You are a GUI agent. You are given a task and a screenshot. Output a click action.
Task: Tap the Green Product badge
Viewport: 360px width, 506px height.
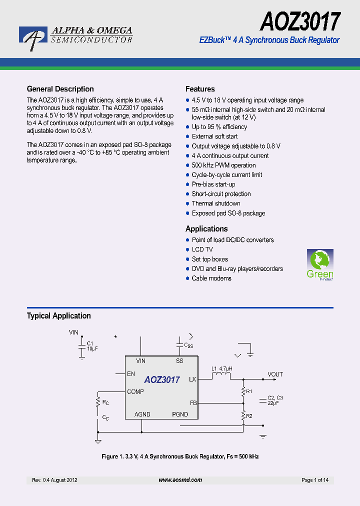click(x=319, y=264)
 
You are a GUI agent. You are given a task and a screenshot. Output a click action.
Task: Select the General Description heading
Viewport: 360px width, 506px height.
click(x=60, y=89)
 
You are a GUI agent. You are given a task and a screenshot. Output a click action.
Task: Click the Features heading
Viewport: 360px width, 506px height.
click(x=200, y=89)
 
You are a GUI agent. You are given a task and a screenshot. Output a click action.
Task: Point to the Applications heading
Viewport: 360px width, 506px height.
click(x=206, y=228)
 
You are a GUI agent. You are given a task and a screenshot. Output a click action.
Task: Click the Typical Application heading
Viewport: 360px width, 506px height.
click(x=58, y=315)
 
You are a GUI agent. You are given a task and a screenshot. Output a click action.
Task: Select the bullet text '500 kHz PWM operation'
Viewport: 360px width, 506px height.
click(x=223, y=165)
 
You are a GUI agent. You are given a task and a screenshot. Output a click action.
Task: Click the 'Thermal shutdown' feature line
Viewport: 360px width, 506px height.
click(x=216, y=203)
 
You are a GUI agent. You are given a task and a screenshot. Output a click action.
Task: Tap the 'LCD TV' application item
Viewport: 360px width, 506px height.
click(x=202, y=249)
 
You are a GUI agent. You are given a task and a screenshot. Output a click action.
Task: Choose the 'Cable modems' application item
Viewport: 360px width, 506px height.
click(x=211, y=278)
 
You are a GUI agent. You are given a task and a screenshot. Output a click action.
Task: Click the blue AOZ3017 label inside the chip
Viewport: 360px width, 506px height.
click(x=162, y=380)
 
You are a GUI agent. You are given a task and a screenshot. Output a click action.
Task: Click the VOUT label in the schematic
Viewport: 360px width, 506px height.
click(x=275, y=374)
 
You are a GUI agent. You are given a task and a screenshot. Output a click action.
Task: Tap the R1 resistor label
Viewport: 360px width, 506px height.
click(x=249, y=391)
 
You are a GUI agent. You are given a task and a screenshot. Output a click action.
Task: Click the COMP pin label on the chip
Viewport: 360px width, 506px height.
click(x=135, y=391)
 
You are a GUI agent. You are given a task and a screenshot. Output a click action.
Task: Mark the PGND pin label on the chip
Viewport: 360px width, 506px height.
click(x=180, y=414)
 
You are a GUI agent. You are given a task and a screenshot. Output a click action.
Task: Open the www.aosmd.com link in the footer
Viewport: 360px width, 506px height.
click(x=180, y=480)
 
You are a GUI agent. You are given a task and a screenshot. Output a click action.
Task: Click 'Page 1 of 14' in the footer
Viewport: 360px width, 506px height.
click(x=315, y=480)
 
